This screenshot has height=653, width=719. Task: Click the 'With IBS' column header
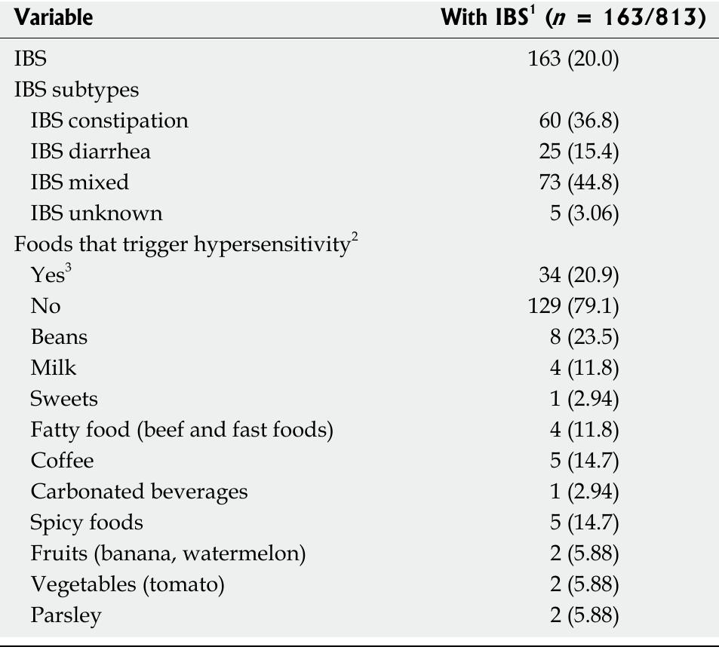[x=573, y=17]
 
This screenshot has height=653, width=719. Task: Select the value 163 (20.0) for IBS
[x=574, y=58]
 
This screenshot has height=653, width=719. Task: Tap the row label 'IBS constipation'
[x=109, y=121]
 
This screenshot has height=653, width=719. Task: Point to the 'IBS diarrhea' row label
[x=91, y=152]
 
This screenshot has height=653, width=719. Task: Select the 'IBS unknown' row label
[x=97, y=213]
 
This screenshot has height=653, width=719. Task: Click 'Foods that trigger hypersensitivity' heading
[x=185, y=244]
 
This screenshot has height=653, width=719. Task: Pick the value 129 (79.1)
[x=574, y=306]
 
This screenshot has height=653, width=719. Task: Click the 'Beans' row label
[x=59, y=337]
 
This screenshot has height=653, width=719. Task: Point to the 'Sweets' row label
[x=64, y=399]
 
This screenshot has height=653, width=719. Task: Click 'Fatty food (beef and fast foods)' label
[x=182, y=430]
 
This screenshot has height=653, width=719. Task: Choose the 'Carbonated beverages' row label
[x=139, y=492]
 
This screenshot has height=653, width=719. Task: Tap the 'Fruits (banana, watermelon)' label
[x=167, y=553]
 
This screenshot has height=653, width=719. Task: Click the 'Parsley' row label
[x=66, y=615]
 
